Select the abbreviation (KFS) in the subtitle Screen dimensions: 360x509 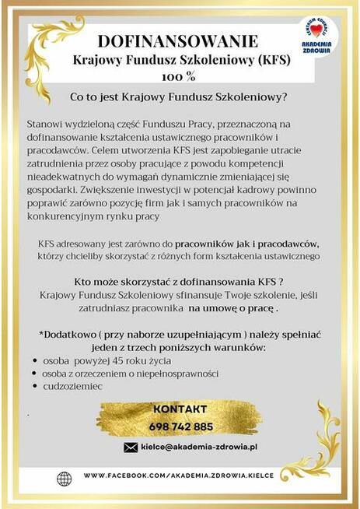(269, 59)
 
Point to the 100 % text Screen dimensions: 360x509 (180, 76)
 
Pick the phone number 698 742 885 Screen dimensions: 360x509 (180, 427)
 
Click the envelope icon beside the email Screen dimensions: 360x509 (131, 448)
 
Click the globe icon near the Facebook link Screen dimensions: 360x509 (65, 476)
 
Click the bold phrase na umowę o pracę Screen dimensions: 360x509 (232, 308)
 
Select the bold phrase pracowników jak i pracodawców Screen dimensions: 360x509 (243, 244)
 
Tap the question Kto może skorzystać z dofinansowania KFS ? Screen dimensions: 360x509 (179, 282)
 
